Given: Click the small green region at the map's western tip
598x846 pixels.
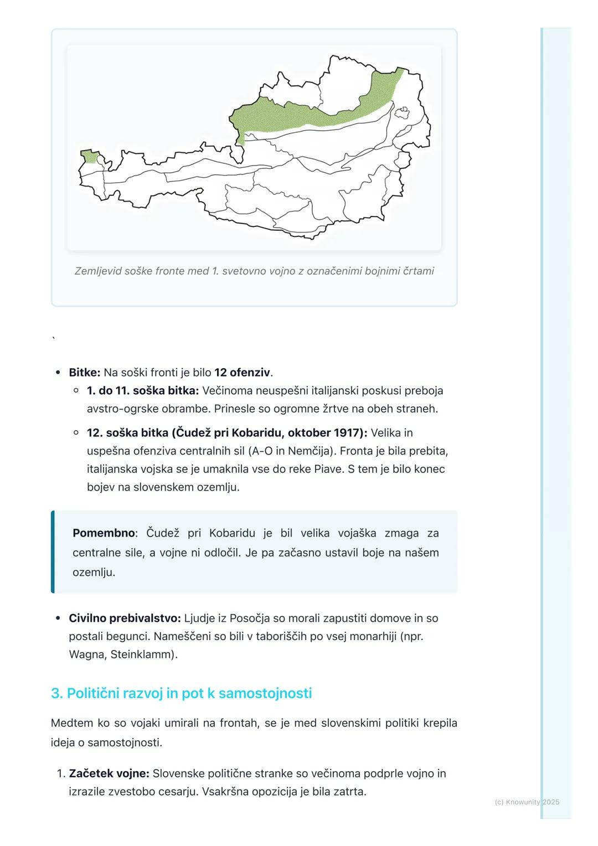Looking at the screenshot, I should click(89, 156).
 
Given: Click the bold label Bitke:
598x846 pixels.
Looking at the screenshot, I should click(85, 373).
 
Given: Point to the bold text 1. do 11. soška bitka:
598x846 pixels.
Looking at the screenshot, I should click(142, 391).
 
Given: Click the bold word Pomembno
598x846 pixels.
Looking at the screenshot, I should click(104, 533).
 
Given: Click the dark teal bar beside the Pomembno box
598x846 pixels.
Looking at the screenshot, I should click(53, 552).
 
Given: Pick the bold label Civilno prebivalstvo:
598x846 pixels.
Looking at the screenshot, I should click(125, 618).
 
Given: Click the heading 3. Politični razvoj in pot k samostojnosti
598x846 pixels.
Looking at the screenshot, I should click(181, 694).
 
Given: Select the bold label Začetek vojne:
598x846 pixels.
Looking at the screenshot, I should click(109, 774).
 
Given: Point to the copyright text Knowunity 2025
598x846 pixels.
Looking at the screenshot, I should click(527, 802).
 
